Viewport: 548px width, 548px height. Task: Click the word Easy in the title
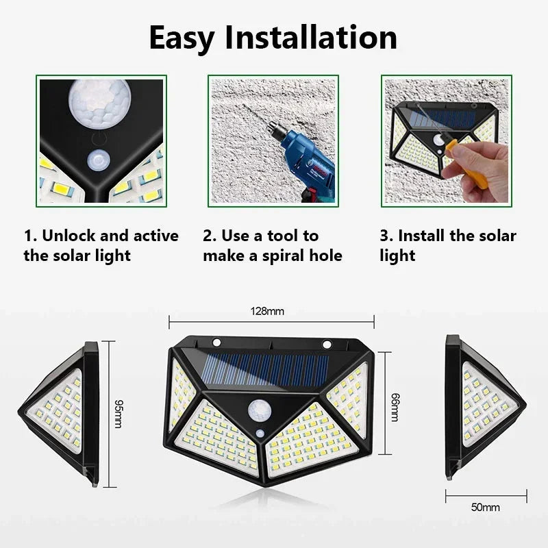pyautogui.click(x=186, y=38)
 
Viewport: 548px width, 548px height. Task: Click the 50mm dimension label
pyautogui.click(x=486, y=508)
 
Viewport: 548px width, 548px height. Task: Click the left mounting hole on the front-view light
pyautogui.click(x=216, y=342)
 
